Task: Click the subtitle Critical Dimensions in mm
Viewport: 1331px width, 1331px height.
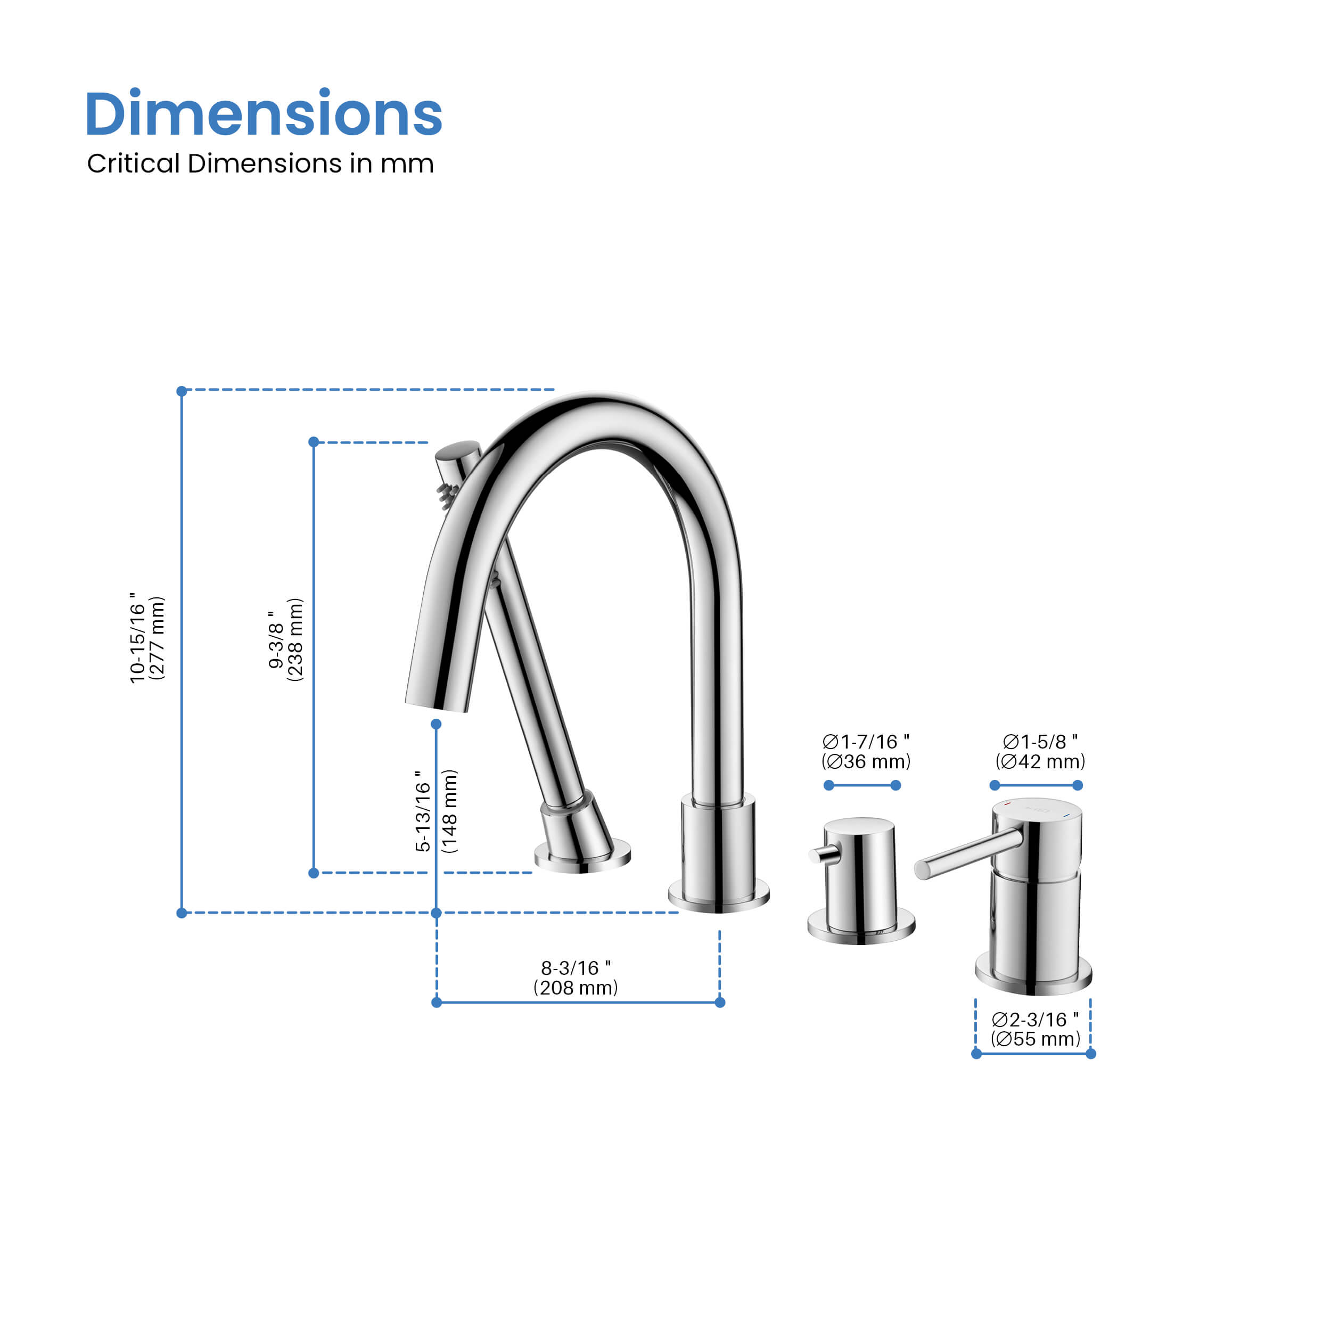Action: point(260,163)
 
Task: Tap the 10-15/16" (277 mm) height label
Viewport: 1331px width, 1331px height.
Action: point(147,638)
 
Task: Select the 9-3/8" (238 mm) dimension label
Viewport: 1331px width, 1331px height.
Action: point(285,639)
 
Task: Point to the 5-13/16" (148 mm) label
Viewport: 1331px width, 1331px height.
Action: point(436,811)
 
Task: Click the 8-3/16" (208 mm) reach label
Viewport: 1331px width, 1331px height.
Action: point(576,977)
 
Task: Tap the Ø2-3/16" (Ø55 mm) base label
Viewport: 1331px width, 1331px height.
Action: point(1036,1029)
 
